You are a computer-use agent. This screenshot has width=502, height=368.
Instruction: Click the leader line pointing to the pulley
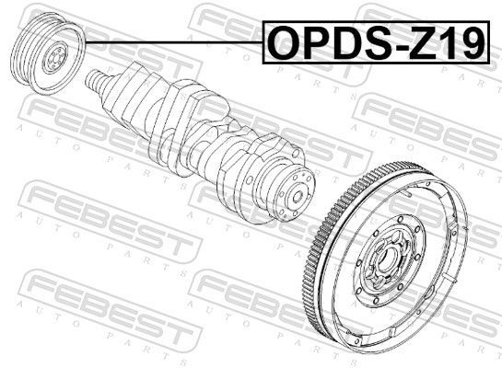175,42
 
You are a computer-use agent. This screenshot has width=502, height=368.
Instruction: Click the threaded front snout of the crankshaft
95,82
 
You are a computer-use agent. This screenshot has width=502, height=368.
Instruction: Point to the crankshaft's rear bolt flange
295,192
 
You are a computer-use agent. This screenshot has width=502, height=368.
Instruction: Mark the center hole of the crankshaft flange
298,196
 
